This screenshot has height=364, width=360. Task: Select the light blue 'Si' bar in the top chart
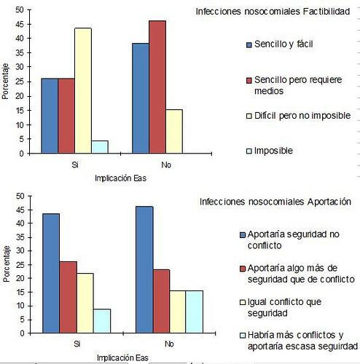tap(101, 147)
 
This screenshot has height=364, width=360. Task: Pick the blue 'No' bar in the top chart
tap(140, 98)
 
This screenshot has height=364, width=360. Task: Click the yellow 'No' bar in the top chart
tap(173, 132)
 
